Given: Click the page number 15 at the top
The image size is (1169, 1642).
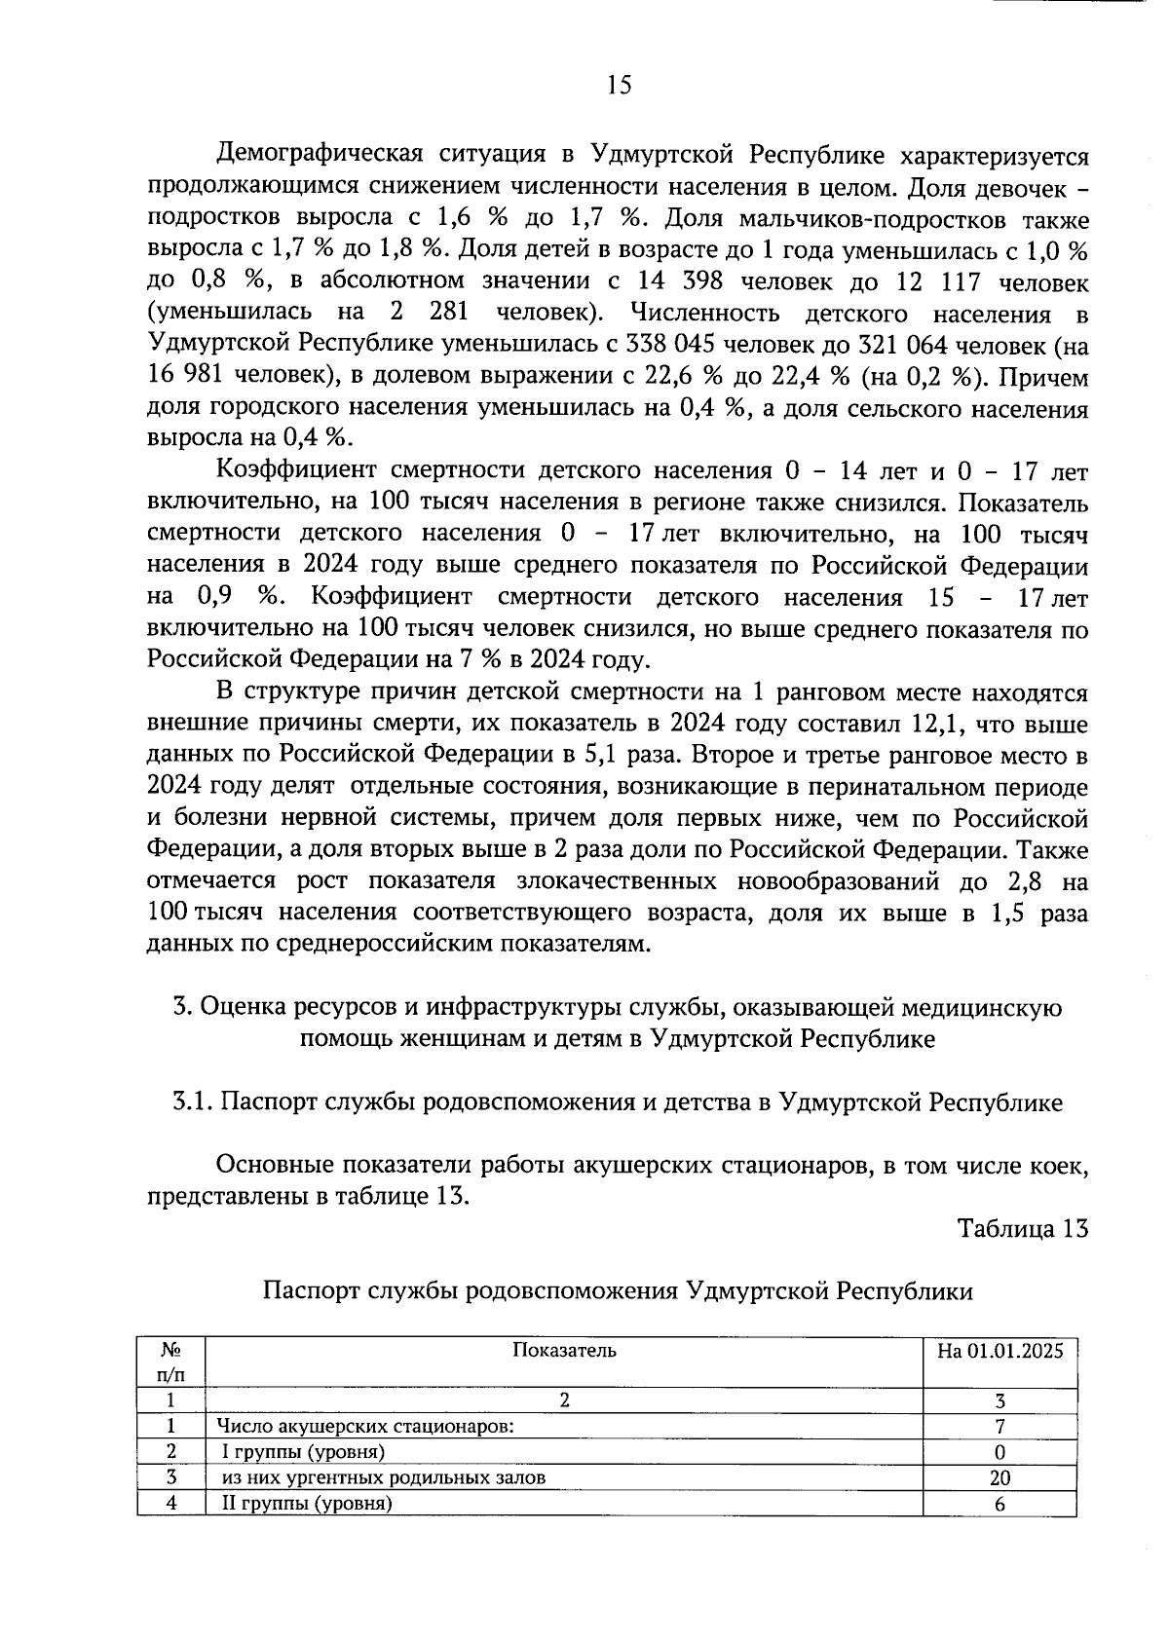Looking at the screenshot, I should click(x=619, y=86).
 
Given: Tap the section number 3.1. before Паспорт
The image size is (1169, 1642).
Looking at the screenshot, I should click(x=192, y=1101).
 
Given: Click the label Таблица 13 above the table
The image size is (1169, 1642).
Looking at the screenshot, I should click(x=1022, y=1228).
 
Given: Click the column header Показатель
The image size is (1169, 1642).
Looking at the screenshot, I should click(x=564, y=1350).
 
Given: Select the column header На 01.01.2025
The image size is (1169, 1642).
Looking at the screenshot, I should click(x=999, y=1350).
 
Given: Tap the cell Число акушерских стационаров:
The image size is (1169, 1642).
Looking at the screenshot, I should click(x=365, y=1427).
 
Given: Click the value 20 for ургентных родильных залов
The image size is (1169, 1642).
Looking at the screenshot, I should click(x=999, y=1477).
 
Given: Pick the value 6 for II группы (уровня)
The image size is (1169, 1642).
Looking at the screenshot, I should click(x=999, y=1504).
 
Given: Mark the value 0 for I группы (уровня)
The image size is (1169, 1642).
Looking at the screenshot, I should click(x=999, y=1452).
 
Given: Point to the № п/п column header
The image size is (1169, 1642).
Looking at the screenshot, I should click(x=171, y=1362).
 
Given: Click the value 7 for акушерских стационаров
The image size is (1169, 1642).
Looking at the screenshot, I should click(x=999, y=1427).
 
